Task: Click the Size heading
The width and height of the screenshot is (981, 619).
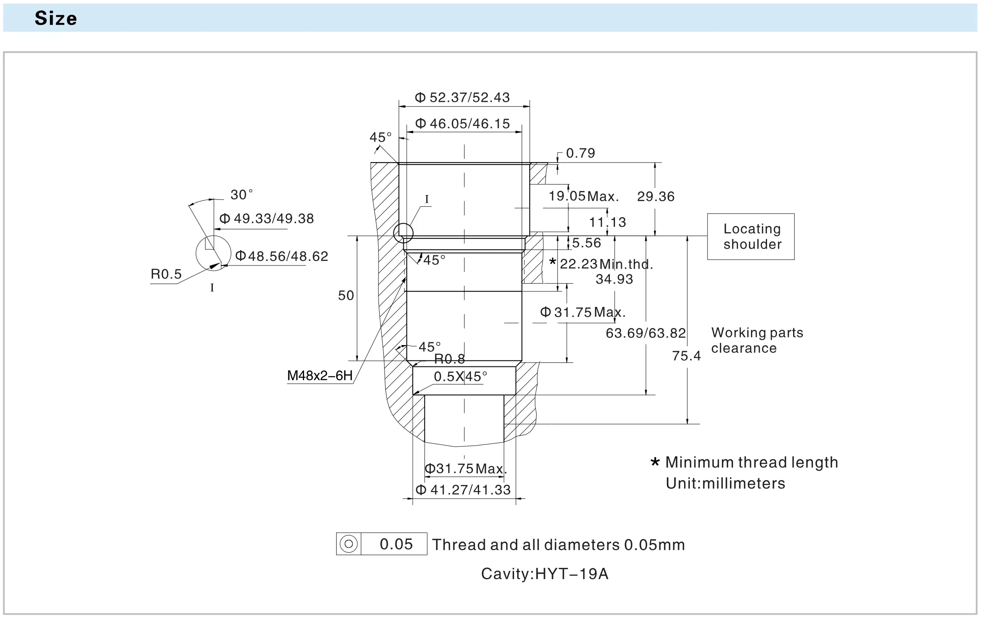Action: point(56,19)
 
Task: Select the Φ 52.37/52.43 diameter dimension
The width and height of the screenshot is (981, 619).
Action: point(462,97)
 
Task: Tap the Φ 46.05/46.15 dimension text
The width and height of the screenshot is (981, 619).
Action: point(462,123)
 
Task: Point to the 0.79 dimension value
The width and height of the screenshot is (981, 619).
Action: point(580,153)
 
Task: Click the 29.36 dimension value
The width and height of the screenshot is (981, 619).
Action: point(656,196)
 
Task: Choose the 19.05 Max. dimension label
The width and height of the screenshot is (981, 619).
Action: point(583,196)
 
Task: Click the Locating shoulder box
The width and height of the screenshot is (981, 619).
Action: point(751,236)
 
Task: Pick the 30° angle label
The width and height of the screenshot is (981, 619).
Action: point(241,194)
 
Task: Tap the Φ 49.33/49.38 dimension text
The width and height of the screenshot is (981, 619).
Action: point(266,218)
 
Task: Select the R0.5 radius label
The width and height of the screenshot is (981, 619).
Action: point(166,274)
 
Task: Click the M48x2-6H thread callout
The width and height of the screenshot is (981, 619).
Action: point(320,375)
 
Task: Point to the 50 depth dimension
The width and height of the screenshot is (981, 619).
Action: point(346,295)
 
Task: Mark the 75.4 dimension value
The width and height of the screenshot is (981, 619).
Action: point(687,356)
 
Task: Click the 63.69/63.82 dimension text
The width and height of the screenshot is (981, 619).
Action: point(646,333)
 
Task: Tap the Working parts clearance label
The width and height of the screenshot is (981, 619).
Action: point(757,340)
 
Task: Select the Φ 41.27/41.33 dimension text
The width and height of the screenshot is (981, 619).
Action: point(463,489)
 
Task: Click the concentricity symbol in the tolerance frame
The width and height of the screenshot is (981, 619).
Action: point(349,544)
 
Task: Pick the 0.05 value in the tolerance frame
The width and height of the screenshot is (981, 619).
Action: point(396,544)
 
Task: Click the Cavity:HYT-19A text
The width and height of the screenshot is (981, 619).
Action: point(545,574)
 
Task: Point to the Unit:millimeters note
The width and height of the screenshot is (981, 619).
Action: point(725,483)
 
